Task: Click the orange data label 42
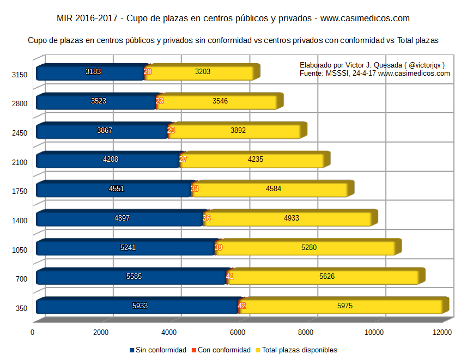coord(242,306)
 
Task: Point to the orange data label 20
coord(148,71)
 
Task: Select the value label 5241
coord(128,247)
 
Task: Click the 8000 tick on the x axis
coord(306,332)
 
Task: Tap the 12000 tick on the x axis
coord(442,332)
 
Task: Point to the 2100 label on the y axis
coord(20,162)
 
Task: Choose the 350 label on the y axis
coord(21,308)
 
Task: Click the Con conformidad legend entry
coord(224,350)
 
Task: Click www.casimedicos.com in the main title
coord(365,19)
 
